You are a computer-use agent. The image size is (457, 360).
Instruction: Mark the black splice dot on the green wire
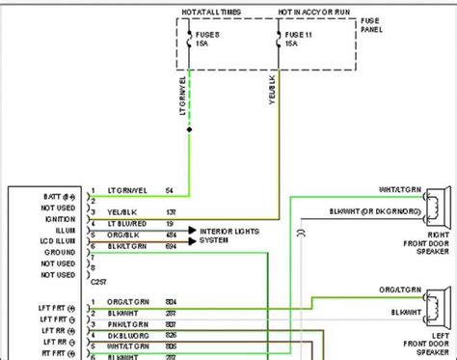189,128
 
